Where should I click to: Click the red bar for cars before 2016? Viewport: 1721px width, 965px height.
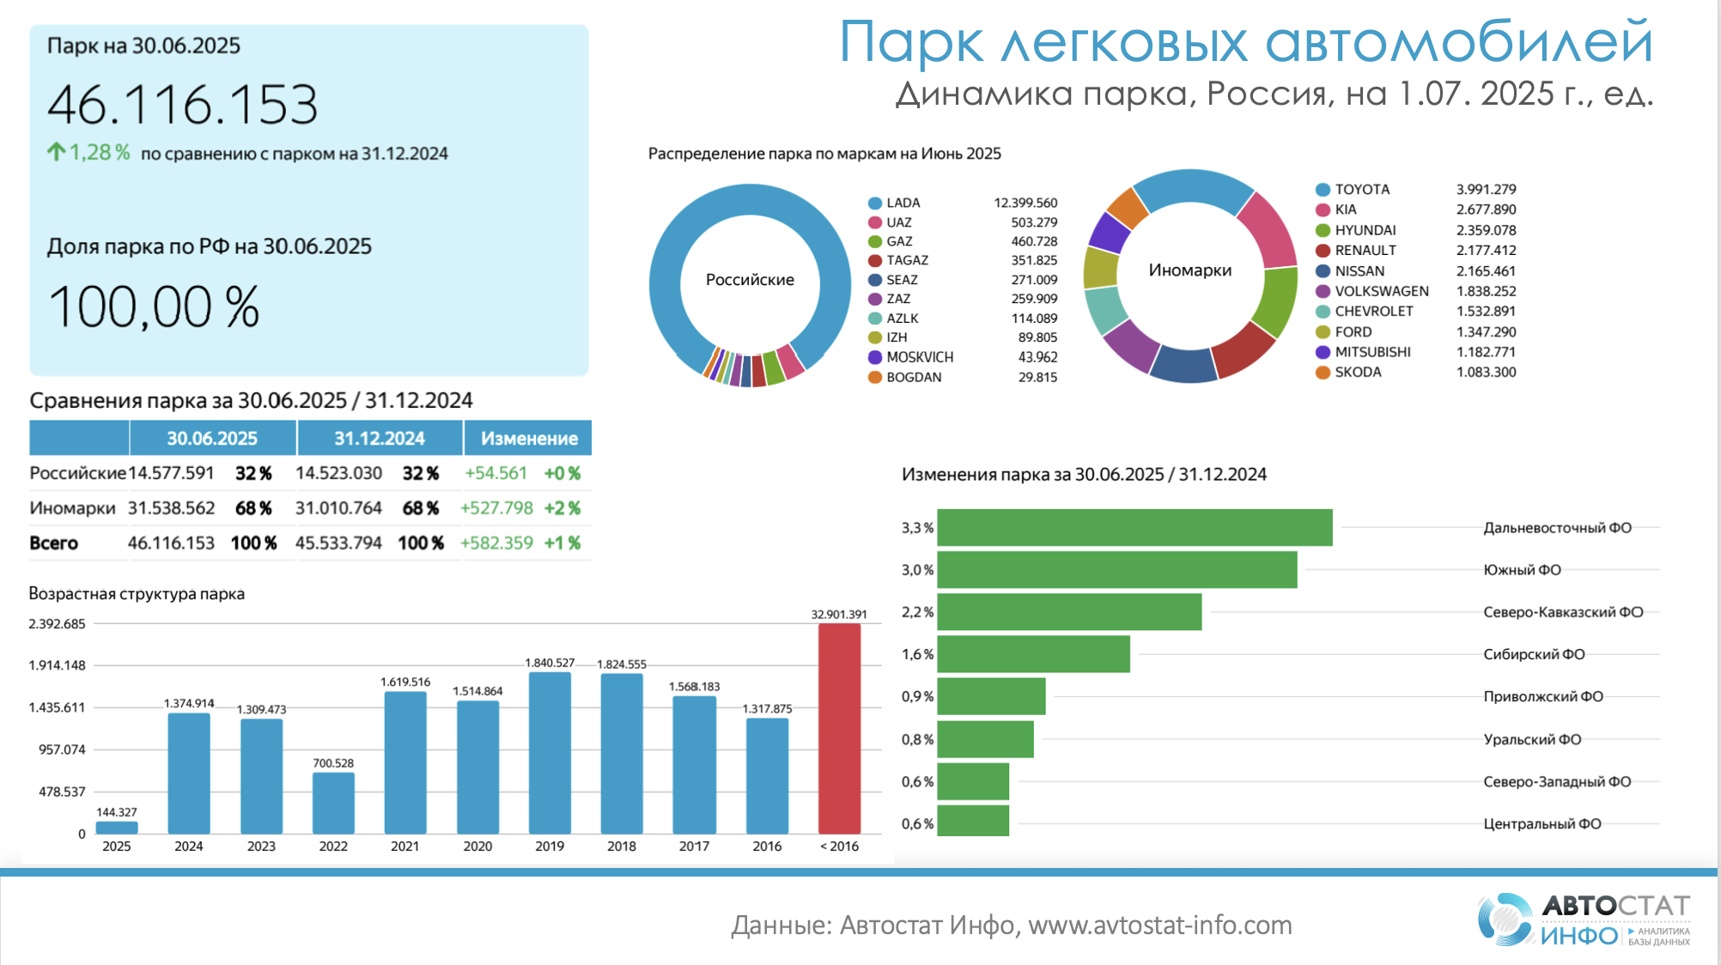click(839, 728)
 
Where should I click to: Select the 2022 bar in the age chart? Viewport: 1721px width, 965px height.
click(333, 803)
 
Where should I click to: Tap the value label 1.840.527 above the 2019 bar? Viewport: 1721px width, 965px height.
click(550, 663)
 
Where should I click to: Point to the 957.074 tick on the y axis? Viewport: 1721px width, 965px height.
click(62, 750)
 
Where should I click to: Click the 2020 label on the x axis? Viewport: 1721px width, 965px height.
click(477, 847)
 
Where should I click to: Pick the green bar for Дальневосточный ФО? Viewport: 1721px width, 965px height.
click(1134, 527)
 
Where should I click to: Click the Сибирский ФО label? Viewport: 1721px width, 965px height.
click(1534, 654)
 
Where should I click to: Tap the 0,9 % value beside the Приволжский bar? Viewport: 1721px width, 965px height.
click(917, 696)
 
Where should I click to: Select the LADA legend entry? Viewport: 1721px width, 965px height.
click(903, 203)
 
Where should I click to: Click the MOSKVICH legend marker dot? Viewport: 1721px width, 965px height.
click(875, 357)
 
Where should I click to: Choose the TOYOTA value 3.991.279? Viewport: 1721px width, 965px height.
click(1486, 189)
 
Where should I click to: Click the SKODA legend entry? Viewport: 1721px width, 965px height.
click(1358, 372)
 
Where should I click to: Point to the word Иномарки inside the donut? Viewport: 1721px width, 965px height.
click(1189, 270)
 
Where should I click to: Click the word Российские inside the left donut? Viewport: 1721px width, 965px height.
click(750, 280)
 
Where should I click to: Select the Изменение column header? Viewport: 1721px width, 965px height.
click(529, 439)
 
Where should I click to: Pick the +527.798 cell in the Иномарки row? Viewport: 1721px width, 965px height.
click(496, 508)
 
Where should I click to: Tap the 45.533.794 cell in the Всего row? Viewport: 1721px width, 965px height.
click(338, 543)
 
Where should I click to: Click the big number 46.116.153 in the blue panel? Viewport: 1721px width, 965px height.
click(182, 106)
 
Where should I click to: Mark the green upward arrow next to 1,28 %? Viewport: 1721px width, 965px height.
click(56, 153)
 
